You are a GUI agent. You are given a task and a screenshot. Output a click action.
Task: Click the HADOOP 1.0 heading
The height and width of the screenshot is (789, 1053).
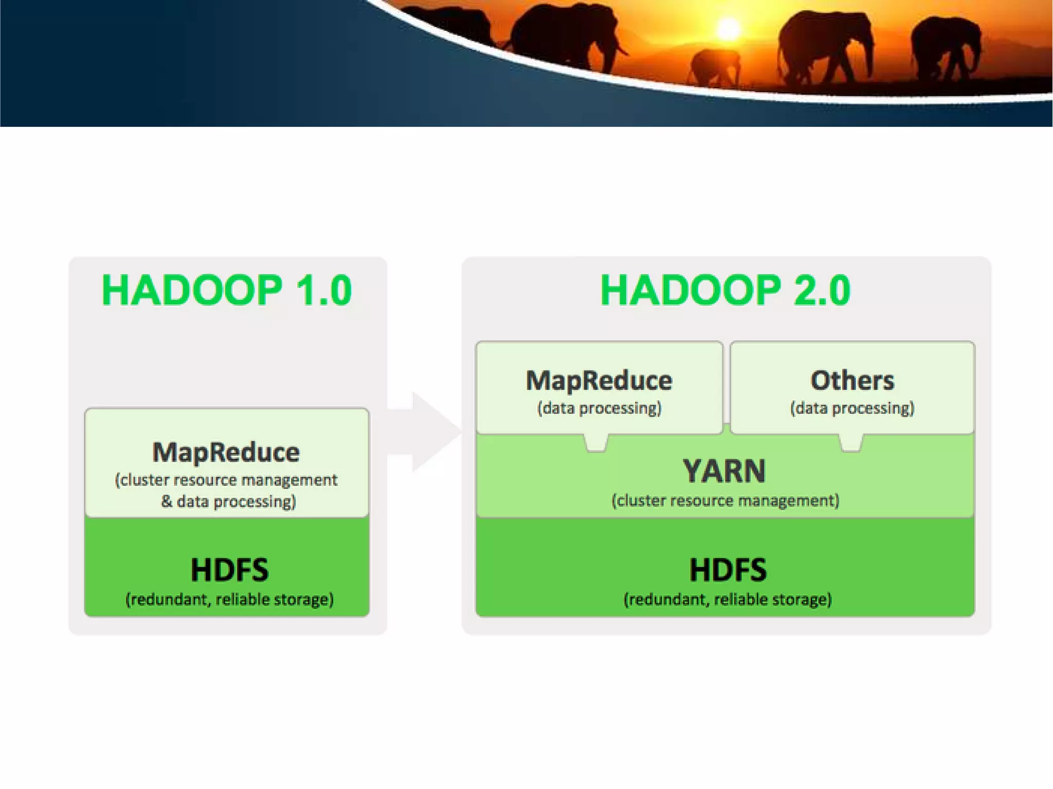227,290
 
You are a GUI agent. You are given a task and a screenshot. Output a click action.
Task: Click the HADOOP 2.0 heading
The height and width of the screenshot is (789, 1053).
725,290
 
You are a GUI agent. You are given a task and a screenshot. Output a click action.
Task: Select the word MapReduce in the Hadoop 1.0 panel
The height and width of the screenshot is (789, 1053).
226,452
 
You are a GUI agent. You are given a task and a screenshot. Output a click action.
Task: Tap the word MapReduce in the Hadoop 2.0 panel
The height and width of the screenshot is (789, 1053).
599,381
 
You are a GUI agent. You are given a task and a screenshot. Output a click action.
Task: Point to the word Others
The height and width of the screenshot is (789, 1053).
852,381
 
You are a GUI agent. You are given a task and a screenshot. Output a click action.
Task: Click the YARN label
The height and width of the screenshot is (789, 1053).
724,471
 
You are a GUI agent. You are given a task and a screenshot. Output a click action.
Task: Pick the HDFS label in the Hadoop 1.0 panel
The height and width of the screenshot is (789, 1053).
229,570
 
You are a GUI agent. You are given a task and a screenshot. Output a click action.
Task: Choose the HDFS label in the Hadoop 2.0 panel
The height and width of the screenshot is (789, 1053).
728,570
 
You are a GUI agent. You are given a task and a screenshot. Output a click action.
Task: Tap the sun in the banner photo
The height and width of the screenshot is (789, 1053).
728,29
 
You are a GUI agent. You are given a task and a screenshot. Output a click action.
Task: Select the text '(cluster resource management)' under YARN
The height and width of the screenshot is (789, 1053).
725,501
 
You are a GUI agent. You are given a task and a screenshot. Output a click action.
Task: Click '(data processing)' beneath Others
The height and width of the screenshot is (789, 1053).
852,408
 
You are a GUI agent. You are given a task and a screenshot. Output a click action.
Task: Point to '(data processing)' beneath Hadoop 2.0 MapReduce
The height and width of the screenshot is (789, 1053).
599,408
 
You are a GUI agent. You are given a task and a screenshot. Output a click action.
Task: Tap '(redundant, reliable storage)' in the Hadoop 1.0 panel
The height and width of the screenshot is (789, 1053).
229,599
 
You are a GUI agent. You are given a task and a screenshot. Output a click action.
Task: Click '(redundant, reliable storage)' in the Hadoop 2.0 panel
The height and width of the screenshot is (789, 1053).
728,599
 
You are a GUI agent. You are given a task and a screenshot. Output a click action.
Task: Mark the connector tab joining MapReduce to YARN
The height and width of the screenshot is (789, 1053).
596,443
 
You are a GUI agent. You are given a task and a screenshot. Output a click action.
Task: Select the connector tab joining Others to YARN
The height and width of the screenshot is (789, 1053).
850,443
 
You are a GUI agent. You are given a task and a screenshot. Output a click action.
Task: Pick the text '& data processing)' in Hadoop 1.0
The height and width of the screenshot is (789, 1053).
228,501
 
